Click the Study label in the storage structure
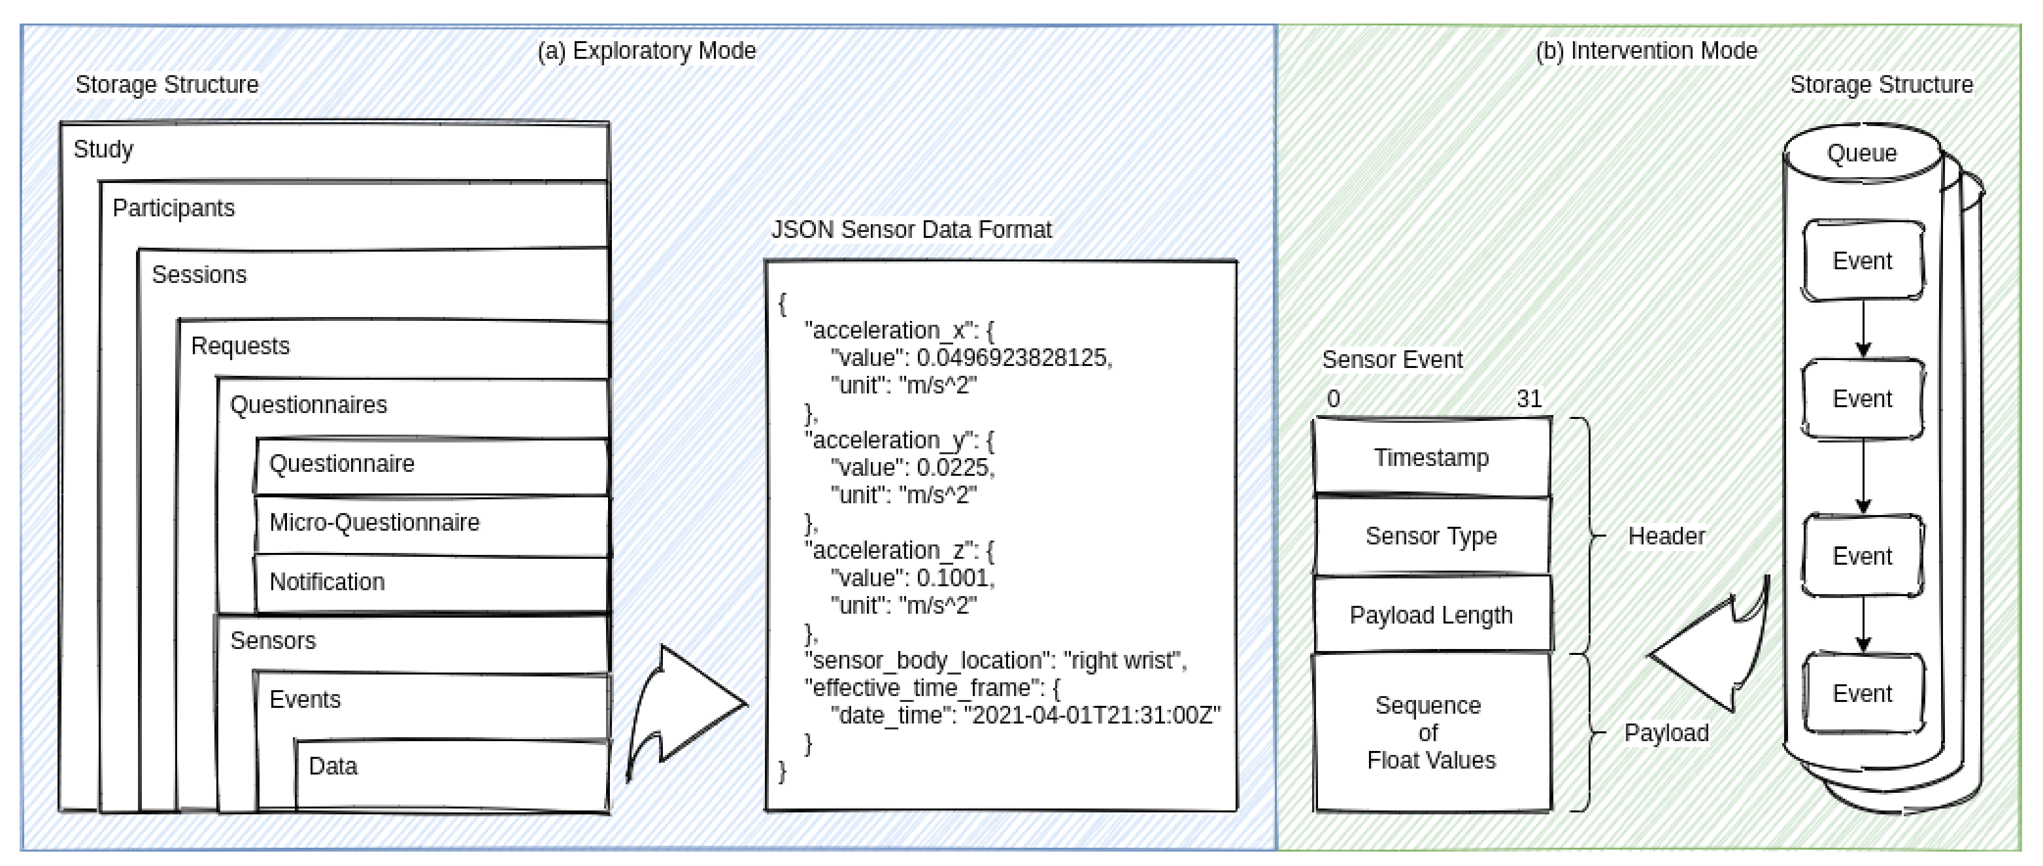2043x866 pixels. click(x=103, y=149)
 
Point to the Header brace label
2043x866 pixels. click(x=1666, y=536)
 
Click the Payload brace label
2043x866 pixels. click(x=1666, y=733)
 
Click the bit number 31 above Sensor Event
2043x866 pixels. click(x=1528, y=398)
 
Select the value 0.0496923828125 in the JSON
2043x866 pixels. click(x=1013, y=358)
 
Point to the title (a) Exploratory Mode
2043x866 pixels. click(x=647, y=51)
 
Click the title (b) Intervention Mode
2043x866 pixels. click(x=1646, y=51)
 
